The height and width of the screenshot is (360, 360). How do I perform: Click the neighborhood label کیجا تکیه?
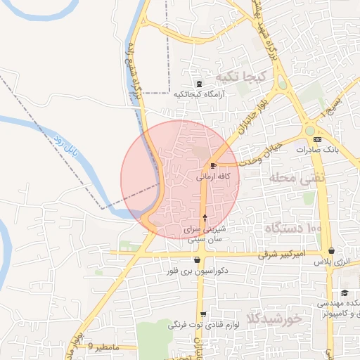tap(240, 77)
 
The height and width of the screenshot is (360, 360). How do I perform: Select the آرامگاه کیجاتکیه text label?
tap(199, 96)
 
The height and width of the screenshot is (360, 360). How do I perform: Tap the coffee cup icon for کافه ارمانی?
tap(213, 166)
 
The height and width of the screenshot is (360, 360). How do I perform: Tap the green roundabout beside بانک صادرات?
tap(309, 130)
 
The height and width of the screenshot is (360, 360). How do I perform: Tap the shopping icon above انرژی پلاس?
tap(331, 251)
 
